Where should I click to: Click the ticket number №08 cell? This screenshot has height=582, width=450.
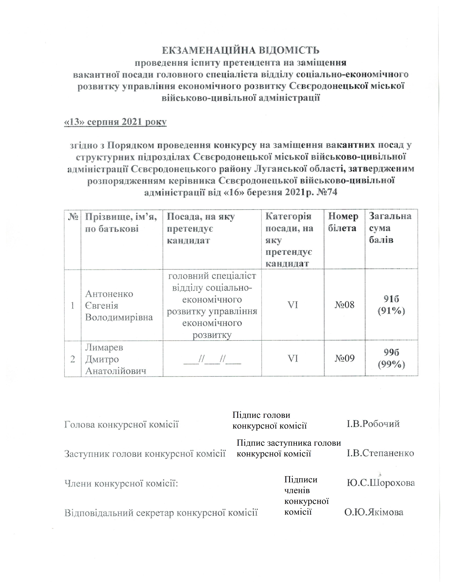344,305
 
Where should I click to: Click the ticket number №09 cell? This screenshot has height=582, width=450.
344,358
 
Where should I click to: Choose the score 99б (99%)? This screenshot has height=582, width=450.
391,358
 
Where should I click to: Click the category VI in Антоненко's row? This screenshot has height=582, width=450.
293,305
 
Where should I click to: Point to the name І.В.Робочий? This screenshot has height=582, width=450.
373,424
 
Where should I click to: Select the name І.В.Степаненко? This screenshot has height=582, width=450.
380,453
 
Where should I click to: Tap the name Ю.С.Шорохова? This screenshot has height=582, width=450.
381,483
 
